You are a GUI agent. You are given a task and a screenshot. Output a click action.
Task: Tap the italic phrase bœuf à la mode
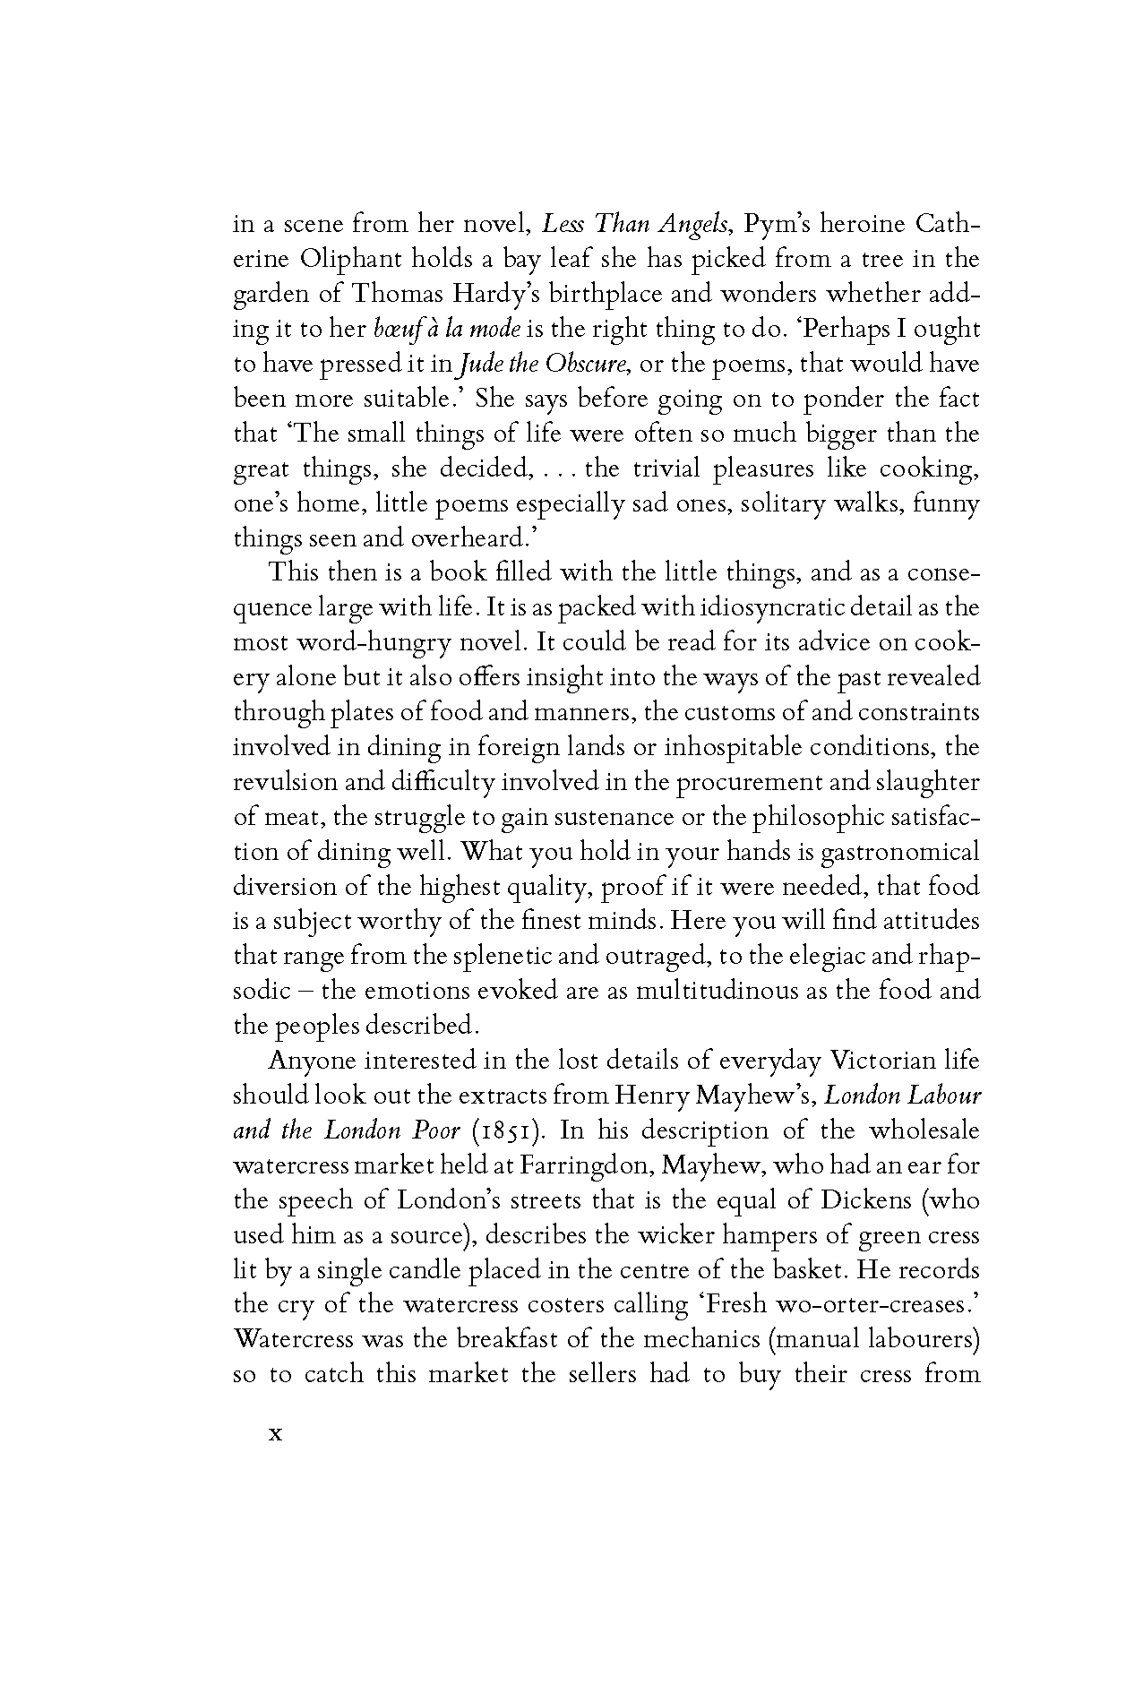click(447, 329)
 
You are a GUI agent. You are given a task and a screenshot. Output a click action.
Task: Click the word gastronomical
click(899, 852)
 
